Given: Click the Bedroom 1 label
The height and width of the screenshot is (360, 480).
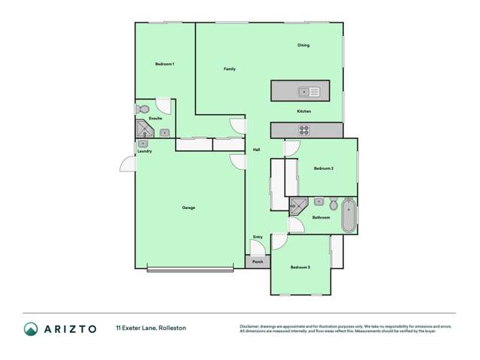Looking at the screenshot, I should (165, 64).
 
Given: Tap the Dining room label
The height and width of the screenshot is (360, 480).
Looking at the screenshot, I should (303, 45).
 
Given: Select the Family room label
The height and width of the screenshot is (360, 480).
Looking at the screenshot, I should (230, 68).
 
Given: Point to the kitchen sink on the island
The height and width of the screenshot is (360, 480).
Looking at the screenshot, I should (309, 92).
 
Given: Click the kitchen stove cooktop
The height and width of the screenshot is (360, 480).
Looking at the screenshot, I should (304, 129).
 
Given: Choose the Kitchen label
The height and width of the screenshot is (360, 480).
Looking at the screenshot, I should (303, 111).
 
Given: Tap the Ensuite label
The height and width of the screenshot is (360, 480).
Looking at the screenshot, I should (155, 118).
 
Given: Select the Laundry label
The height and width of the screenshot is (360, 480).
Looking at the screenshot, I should (144, 151).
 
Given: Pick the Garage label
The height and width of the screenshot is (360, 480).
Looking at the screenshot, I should (189, 207).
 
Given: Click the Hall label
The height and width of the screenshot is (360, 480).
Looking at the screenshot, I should (256, 150).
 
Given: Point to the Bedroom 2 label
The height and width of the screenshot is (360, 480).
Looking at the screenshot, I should (324, 168).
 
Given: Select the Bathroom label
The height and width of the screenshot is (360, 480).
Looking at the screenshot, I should (322, 217).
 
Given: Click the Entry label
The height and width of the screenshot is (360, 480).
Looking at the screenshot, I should (258, 237).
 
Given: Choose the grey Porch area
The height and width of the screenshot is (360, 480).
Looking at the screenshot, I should (258, 262).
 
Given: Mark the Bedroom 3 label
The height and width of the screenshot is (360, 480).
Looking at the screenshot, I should (300, 268).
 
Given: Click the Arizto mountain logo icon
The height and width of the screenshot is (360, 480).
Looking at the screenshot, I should (31, 328).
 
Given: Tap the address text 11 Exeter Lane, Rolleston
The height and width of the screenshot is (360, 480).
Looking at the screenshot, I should (151, 328).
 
